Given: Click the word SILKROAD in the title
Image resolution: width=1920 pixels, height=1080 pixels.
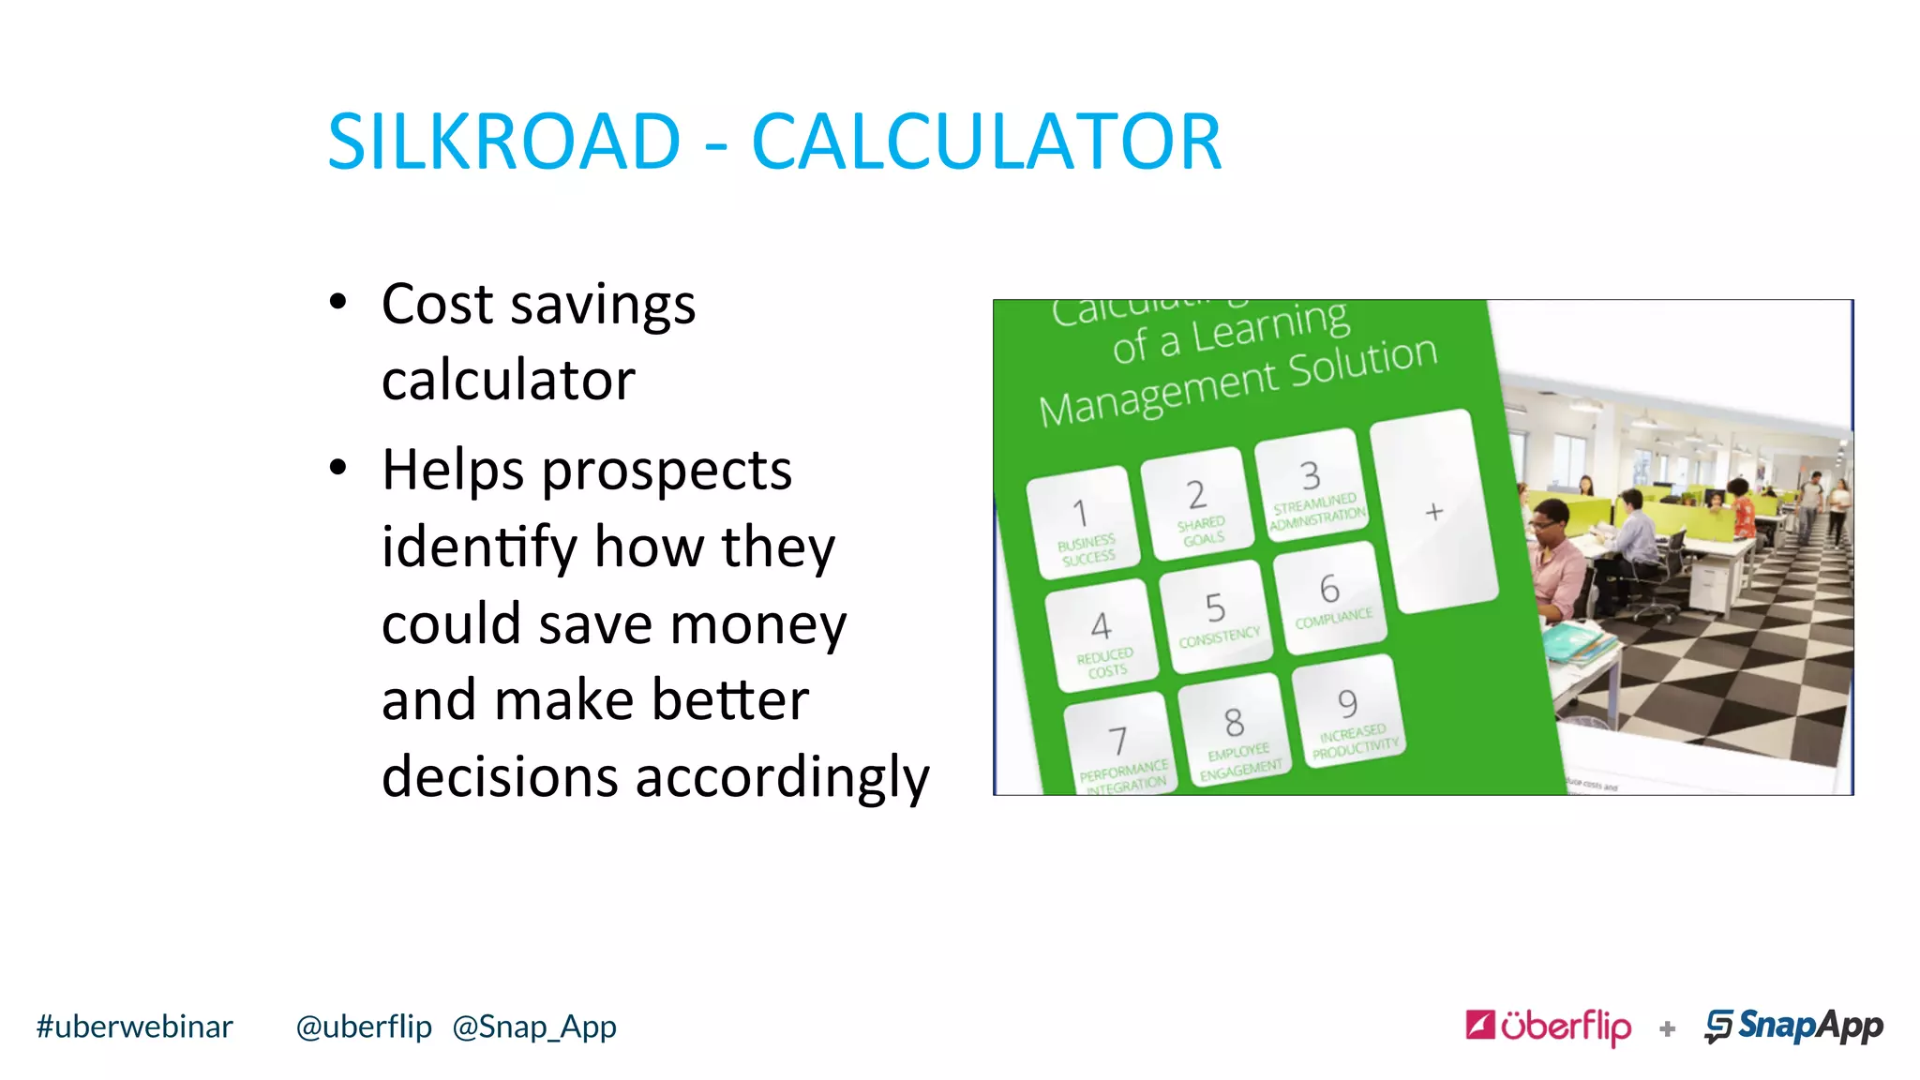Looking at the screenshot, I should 503,142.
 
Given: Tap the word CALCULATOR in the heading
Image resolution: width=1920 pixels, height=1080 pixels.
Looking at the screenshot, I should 986,142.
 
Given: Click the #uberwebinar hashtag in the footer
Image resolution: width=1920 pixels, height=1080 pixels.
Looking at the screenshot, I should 134,1027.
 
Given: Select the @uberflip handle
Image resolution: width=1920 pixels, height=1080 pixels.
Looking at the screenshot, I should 364,1027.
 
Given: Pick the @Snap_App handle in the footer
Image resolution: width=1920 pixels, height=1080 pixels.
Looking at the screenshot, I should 534,1027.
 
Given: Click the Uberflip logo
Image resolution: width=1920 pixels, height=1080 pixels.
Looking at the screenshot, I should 1549,1026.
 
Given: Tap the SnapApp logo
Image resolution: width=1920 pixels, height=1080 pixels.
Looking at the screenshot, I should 1793,1026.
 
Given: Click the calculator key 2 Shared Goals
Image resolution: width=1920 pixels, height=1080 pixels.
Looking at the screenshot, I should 1198,504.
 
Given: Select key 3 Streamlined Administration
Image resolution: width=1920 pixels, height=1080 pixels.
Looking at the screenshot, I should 1312,486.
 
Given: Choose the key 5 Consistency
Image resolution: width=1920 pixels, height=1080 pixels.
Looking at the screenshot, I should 1216,618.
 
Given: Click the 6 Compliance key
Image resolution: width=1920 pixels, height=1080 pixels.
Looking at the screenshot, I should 1330,599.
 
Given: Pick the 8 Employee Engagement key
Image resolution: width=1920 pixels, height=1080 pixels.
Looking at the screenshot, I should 1235,731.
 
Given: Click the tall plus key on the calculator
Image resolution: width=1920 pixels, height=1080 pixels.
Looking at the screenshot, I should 1433,512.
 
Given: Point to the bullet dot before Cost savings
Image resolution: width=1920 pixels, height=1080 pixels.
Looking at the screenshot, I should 338,303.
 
